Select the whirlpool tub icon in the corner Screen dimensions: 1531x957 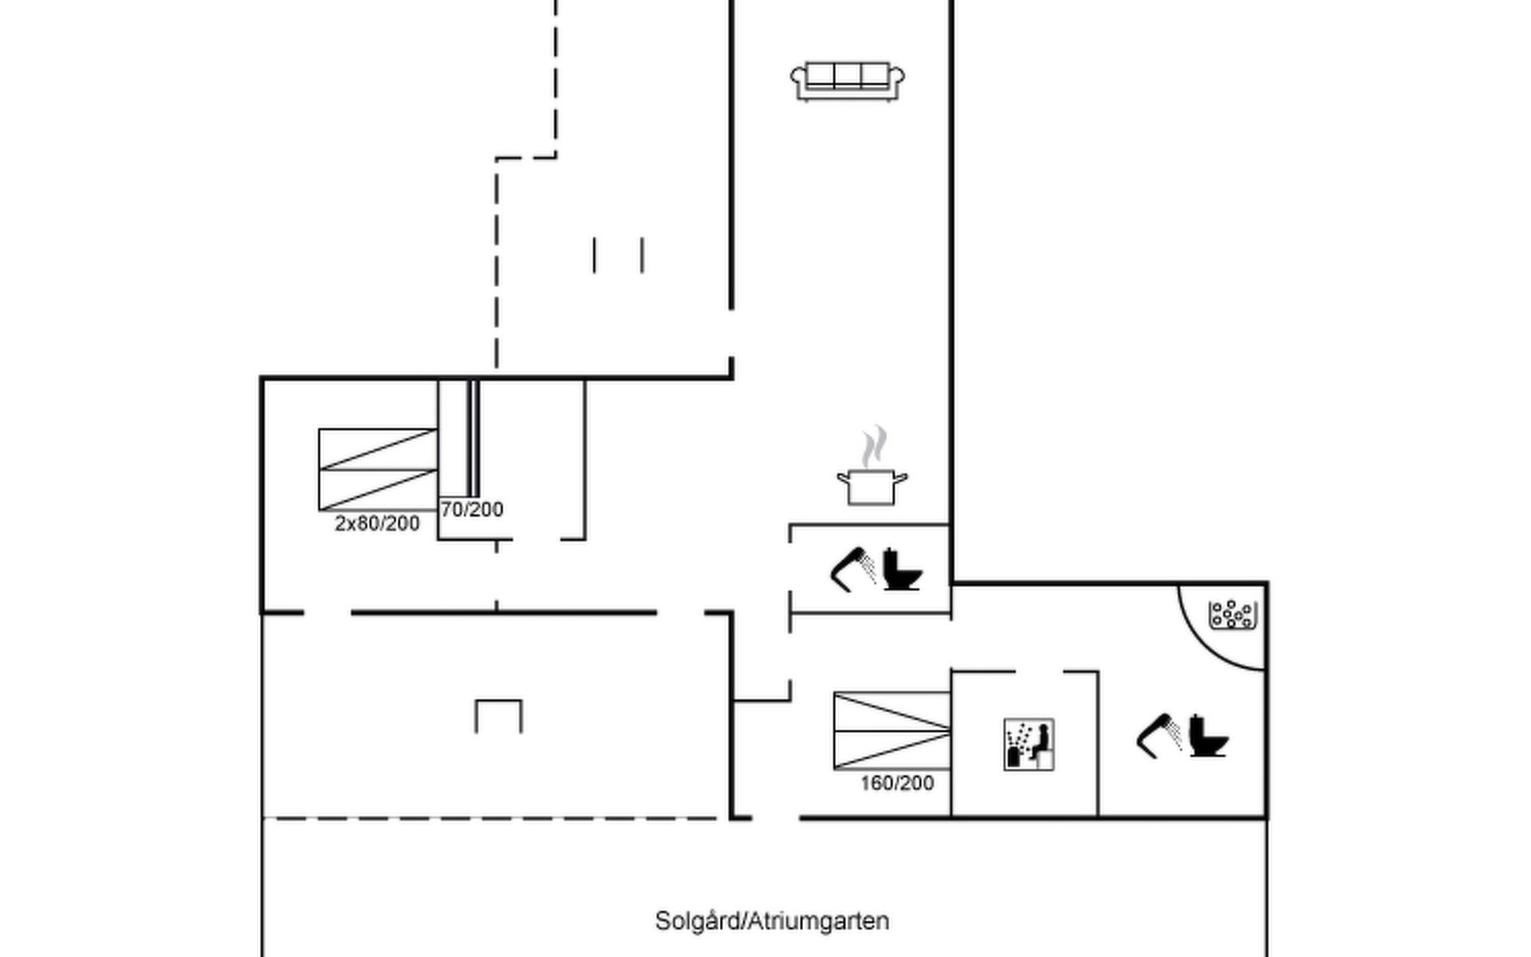[x=1233, y=615]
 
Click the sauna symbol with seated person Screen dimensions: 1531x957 [x=1029, y=745]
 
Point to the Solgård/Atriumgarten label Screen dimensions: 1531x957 [x=772, y=921]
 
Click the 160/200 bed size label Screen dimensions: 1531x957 [x=897, y=783]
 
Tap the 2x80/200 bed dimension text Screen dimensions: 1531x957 [x=377, y=524]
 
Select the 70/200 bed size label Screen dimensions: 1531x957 [x=472, y=510]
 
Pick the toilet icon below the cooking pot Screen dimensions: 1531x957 [x=903, y=569]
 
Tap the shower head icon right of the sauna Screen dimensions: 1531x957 [x=1159, y=734]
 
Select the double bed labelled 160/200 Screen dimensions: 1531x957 [x=892, y=731]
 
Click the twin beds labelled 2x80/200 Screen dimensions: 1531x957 [x=378, y=470]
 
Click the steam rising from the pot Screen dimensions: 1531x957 [x=874, y=446]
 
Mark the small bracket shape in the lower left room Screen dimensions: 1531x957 [x=499, y=716]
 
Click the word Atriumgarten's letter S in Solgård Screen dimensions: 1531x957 [x=662, y=921]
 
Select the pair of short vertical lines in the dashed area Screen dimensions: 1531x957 [x=618, y=255]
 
